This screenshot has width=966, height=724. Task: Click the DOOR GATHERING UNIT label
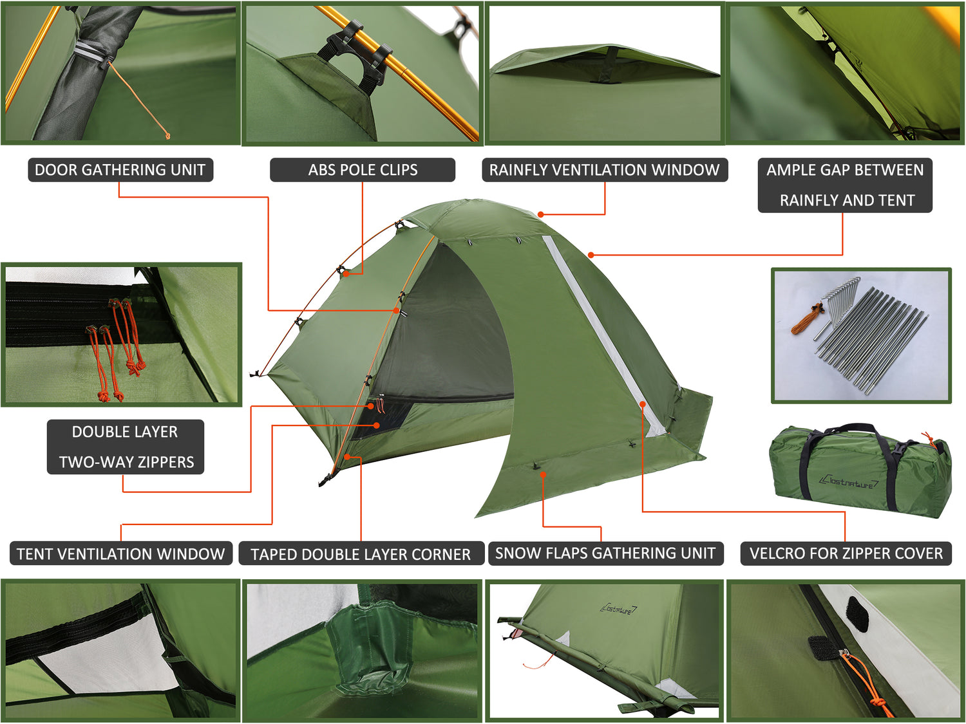120,170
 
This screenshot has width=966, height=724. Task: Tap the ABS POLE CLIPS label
363,170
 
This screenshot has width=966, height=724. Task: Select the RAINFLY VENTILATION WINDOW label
605,170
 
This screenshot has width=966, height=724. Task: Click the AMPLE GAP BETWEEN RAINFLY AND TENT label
845,185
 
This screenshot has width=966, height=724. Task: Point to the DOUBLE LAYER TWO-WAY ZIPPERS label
126,447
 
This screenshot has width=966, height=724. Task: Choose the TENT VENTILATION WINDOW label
121,553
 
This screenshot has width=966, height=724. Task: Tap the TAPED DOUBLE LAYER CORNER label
361,554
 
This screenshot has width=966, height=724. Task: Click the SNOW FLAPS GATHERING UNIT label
605,553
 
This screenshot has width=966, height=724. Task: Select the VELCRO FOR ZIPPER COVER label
846,553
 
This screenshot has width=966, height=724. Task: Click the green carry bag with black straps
860,470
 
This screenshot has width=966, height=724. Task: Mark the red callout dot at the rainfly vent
541,214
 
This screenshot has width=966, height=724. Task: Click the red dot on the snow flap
544,475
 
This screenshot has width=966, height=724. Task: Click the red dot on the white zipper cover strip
643,404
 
